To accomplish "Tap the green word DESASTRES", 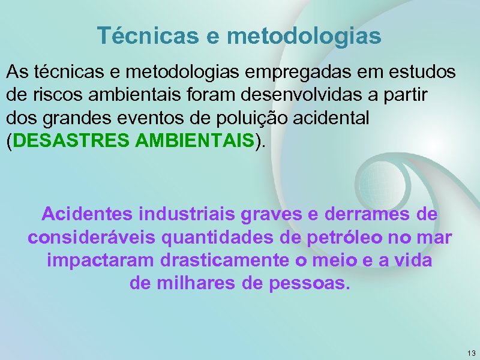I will point(71,142).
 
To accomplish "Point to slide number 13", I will point(470,353).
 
